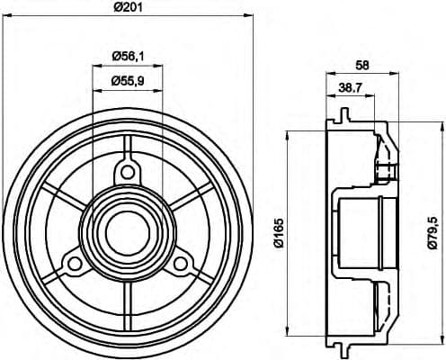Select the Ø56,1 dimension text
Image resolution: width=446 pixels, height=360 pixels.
129,56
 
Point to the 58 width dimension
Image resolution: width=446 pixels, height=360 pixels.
362,66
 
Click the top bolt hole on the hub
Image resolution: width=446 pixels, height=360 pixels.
129,172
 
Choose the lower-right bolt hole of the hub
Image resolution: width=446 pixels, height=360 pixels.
182,263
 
